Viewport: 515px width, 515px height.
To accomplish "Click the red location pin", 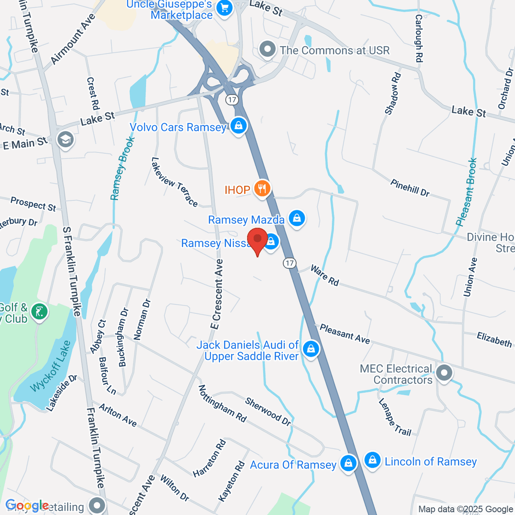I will click(257, 239).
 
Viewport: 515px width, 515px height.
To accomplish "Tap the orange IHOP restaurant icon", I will click(262, 188).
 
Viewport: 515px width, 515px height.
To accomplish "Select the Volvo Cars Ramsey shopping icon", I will click(238, 126).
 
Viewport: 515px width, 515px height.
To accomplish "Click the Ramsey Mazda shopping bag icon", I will click(297, 218).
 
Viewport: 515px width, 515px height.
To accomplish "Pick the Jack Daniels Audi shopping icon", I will click(311, 348).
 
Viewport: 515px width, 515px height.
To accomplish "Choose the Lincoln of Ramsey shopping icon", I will click(373, 460).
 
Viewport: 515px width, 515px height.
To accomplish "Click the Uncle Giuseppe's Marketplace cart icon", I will click(224, 7).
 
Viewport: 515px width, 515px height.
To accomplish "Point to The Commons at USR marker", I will click(268, 50).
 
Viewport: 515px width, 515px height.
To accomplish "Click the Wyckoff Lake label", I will click(51, 366).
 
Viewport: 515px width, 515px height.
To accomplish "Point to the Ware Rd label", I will click(324, 276).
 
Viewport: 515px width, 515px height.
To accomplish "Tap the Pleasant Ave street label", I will click(345, 334).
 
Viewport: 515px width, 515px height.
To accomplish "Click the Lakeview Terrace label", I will click(175, 182).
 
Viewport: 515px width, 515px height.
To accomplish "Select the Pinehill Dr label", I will click(410, 188).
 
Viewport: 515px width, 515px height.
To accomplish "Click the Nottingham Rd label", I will click(222, 403).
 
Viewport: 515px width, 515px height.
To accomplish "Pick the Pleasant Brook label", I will click(467, 192).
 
